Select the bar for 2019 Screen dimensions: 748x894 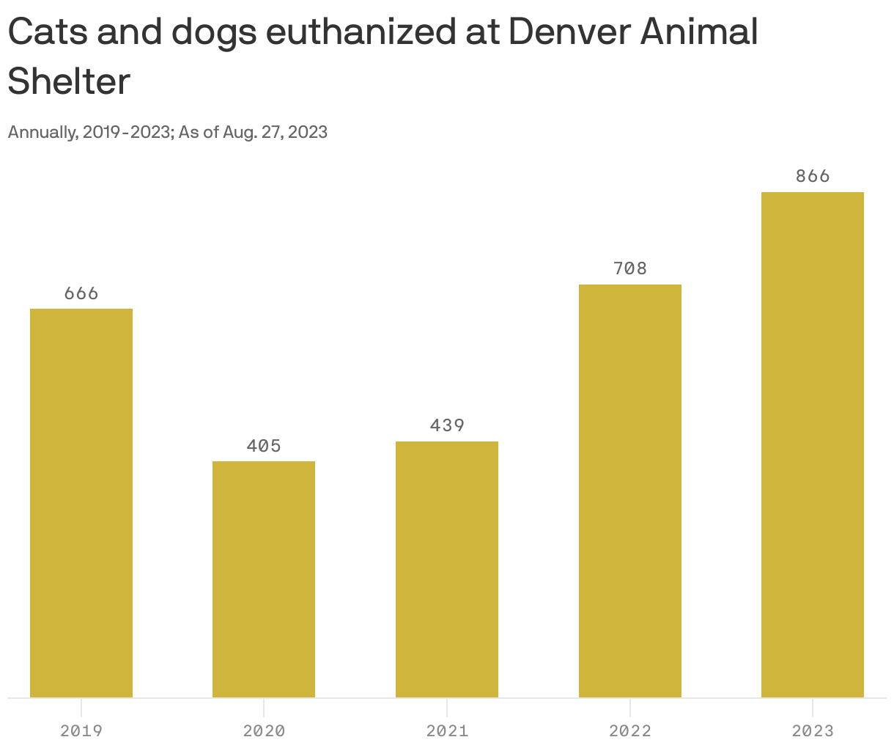(x=81, y=503)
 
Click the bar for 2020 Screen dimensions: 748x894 (x=264, y=579)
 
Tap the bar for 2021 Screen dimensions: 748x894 (x=447, y=569)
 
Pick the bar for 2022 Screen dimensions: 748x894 (x=630, y=491)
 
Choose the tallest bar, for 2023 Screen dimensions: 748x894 (x=813, y=444)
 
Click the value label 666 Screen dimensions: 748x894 (x=81, y=293)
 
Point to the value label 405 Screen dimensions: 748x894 (x=264, y=446)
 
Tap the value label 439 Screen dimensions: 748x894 (x=447, y=425)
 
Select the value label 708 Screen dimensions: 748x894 (x=630, y=268)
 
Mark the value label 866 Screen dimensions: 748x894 (x=813, y=176)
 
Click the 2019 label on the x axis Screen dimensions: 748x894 (x=81, y=731)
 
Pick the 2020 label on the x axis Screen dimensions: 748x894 (x=264, y=731)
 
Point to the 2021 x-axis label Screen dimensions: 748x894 (x=447, y=731)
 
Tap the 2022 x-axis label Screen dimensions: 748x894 (x=630, y=731)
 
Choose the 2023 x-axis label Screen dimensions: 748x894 (x=813, y=731)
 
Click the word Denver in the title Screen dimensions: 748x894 (x=568, y=32)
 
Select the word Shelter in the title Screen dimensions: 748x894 (x=69, y=81)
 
